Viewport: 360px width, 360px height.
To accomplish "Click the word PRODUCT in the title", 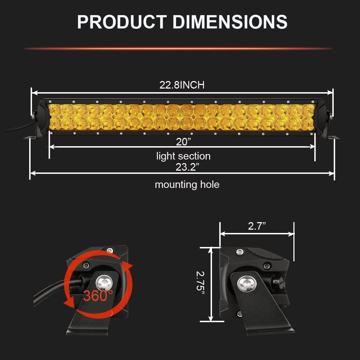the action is (x=122, y=22).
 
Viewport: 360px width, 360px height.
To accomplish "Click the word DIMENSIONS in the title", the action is (x=230, y=22).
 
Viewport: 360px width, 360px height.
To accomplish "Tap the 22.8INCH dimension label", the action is (x=182, y=85).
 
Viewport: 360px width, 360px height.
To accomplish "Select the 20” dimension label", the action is (x=184, y=142).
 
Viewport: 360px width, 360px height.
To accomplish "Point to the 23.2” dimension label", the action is (x=187, y=167).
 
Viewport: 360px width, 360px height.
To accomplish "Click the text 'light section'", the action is (x=184, y=156).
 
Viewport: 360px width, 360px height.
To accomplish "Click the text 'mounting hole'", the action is (x=187, y=185).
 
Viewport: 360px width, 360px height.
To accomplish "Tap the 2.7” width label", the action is (x=257, y=226).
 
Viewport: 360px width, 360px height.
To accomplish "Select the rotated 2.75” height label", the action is (x=201, y=284).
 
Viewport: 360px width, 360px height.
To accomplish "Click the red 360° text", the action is (x=98, y=296).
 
